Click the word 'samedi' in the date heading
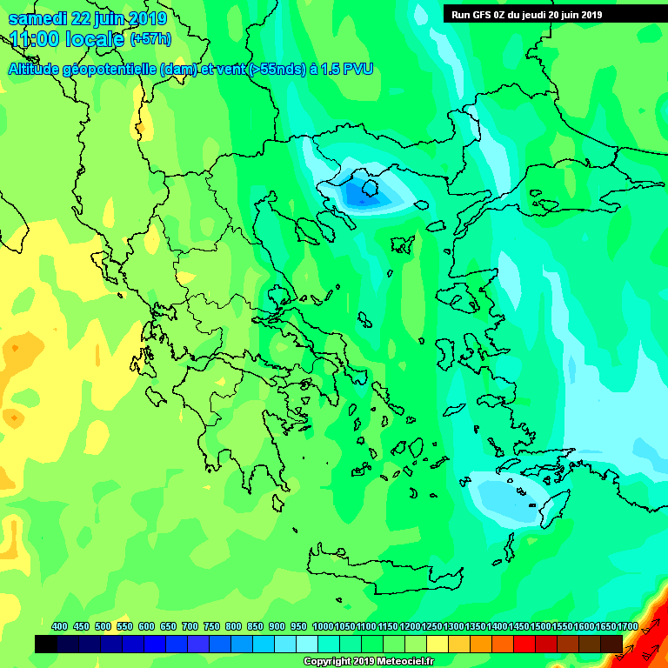pos(32,18)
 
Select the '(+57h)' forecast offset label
pos(150,39)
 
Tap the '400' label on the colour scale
pos(59,626)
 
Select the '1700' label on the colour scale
pos(627,626)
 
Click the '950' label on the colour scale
pos(298,626)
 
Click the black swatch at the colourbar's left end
pos(46,644)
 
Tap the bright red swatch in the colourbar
pos(524,644)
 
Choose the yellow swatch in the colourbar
pos(438,644)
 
